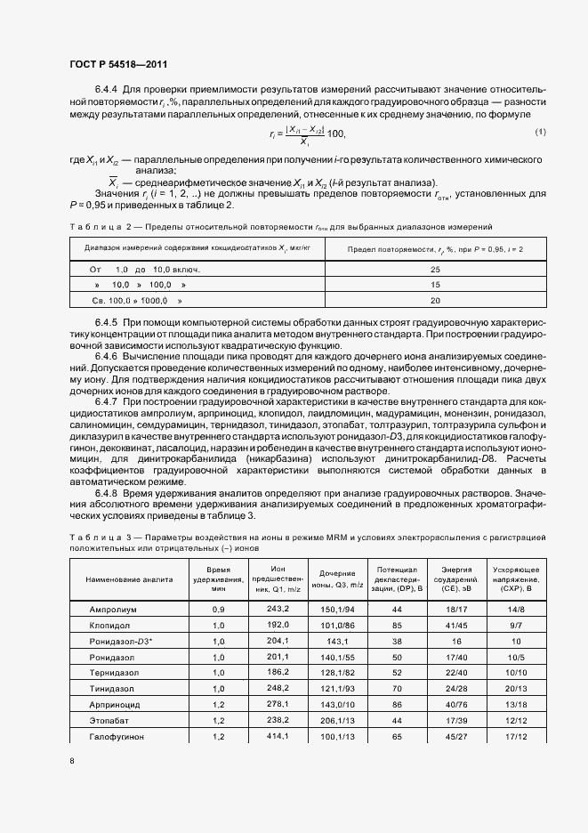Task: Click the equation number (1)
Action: click(540, 132)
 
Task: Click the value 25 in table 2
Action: click(435, 269)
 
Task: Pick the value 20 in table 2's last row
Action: click(435, 301)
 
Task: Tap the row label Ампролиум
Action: click(112, 609)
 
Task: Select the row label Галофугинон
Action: click(116, 737)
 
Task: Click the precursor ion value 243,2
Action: click(278, 609)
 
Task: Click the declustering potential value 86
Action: click(397, 705)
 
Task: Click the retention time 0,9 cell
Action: click(218, 609)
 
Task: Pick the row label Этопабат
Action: click(109, 721)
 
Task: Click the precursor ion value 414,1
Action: click(278, 737)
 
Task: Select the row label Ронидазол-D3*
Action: click(119, 641)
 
